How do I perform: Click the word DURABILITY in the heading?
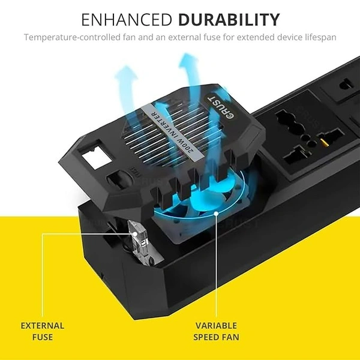pos(229,20)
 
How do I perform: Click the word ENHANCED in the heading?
pos(127,20)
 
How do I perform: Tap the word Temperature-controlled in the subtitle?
pos(73,37)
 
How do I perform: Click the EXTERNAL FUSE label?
pos(43,331)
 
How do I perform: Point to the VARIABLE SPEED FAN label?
pos(216,331)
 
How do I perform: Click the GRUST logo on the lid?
pos(221,107)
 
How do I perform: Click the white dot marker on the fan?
pos(216,214)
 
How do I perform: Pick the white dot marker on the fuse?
pos(135,234)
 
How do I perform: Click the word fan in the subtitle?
pos(130,37)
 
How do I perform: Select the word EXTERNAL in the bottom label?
pos(43,326)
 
